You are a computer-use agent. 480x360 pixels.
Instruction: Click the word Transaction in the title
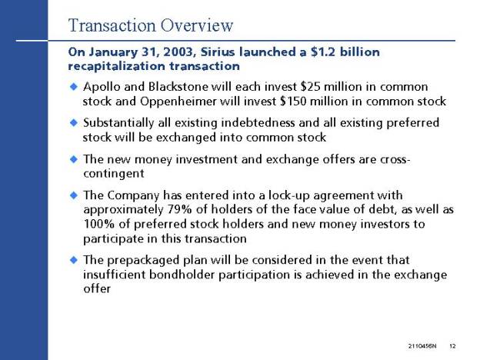pyautogui.click(x=112, y=25)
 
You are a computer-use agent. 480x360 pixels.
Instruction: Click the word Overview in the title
pyautogui.click(x=197, y=25)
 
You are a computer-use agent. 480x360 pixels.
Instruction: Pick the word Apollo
pyautogui.click(x=102, y=87)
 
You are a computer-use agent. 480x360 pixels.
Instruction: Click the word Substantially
pyautogui.click(x=118, y=123)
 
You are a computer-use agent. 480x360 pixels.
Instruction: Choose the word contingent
pyautogui.click(x=114, y=174)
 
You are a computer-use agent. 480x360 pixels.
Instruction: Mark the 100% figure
pyautogui.click(x=99, y=224)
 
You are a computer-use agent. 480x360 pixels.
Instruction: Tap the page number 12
pyautogui.click(x=452, y=346)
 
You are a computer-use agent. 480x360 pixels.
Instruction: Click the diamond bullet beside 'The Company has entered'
pyautogui.click(x=74, y=195)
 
